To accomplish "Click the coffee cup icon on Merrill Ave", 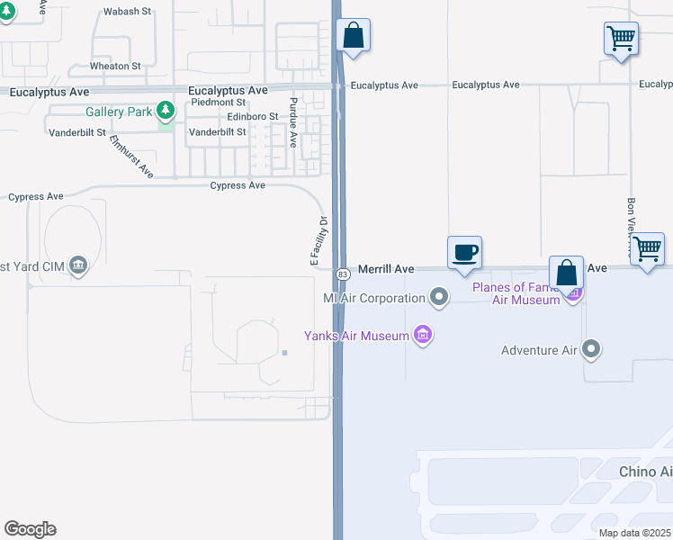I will [465, 252].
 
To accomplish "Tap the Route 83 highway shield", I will [343, 273].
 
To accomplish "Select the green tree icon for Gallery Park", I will [165, 111].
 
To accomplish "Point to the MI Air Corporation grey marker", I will [438, 297].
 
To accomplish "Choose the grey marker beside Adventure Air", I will [591, 349].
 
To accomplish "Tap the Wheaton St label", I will [115, 66].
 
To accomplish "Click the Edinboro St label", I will [253, 117].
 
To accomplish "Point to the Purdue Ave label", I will [293, 122].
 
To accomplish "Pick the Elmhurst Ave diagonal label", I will [131, 156].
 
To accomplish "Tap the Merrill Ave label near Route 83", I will [386, 269].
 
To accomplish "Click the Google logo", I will [30, 529].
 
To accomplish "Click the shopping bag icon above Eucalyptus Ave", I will [354, 36].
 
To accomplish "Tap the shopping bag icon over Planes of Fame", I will [566, 272].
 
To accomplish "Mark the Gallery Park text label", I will [119, 112].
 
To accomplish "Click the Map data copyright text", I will [634, 533].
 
